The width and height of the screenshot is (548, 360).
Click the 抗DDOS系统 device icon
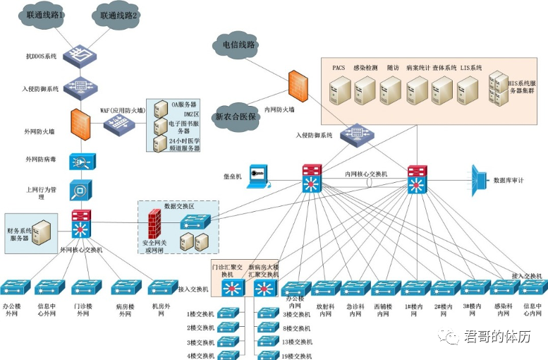point(79,54)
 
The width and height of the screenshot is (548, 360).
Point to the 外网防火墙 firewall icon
point(79,125)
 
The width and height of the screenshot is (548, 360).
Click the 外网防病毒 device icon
point(80,162)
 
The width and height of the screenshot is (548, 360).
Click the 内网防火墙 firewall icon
point(296,85)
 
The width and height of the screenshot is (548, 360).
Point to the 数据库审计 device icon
point(480,179)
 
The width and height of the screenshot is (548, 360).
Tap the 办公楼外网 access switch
point(15,287)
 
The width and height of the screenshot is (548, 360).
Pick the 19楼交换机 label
point(297,357)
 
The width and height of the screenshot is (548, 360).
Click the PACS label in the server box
point(339,68)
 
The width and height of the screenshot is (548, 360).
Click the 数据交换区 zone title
point(178,206)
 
